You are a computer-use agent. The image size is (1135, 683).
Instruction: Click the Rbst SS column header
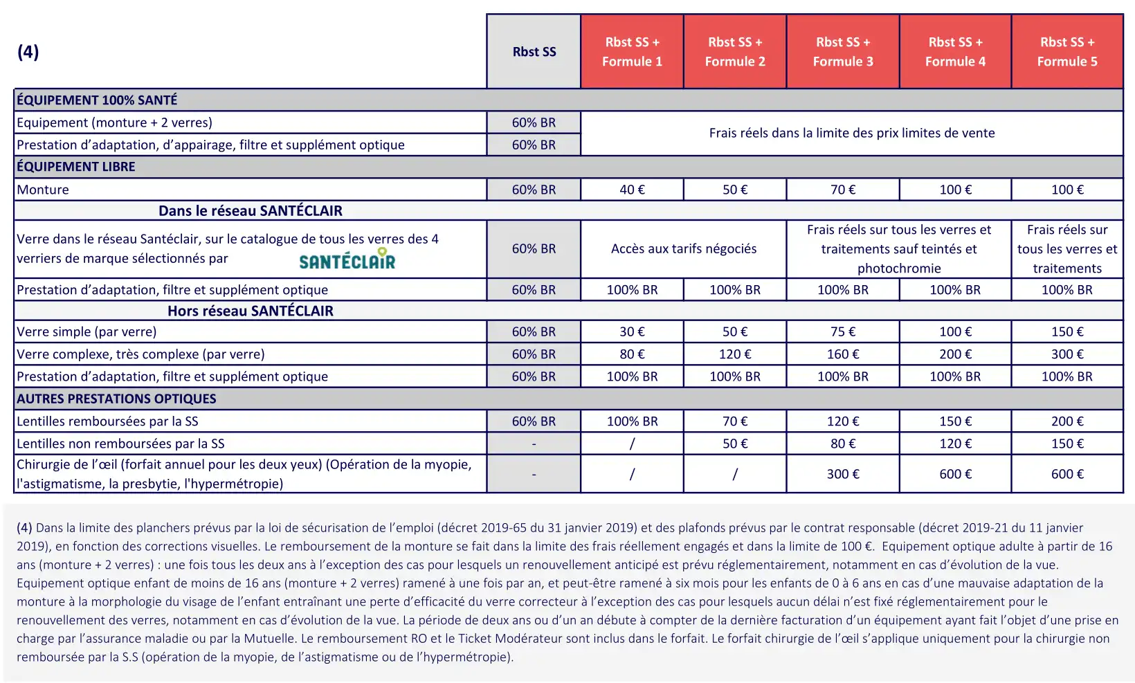[x=534, y=52]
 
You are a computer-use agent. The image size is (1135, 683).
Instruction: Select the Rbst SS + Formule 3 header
[x=842, y=52]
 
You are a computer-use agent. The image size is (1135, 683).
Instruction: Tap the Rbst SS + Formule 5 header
[x=1066, y=52]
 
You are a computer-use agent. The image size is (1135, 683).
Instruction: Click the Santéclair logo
[x=347, y=259]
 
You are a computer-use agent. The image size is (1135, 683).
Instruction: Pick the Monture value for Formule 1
[x=632, y=190]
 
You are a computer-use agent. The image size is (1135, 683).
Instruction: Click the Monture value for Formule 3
[x=842, y=190]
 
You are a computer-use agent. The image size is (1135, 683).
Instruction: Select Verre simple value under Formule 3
[x=842, y=331]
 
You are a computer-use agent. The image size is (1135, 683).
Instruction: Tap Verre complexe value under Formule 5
[x=1066, y=354]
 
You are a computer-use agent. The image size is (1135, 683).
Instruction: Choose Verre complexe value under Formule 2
[x=734, y=354]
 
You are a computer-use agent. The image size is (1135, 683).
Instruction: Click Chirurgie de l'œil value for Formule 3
[x=842, y=474]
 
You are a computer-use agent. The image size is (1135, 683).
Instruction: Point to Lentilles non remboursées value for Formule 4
[x=955, y=444]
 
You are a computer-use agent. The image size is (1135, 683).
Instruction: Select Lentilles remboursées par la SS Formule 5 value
[x=1066, y=421]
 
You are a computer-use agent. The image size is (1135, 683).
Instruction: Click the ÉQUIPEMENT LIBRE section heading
[x=76, y=167]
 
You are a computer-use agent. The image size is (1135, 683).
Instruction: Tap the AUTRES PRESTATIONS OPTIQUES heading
[x=116, y=399]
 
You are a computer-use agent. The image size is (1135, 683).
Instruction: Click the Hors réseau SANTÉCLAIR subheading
[x=250, y=311]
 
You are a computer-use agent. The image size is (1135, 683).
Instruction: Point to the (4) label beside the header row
[x=28, y=52]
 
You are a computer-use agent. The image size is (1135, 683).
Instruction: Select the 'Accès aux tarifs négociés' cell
[x=683, y=249]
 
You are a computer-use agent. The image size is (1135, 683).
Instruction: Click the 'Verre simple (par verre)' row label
[x=87, y=331]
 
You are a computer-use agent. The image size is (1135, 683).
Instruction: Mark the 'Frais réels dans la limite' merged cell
[x=851, y=133]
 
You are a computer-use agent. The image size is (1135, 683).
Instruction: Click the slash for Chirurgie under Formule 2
[x=734, y=474]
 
